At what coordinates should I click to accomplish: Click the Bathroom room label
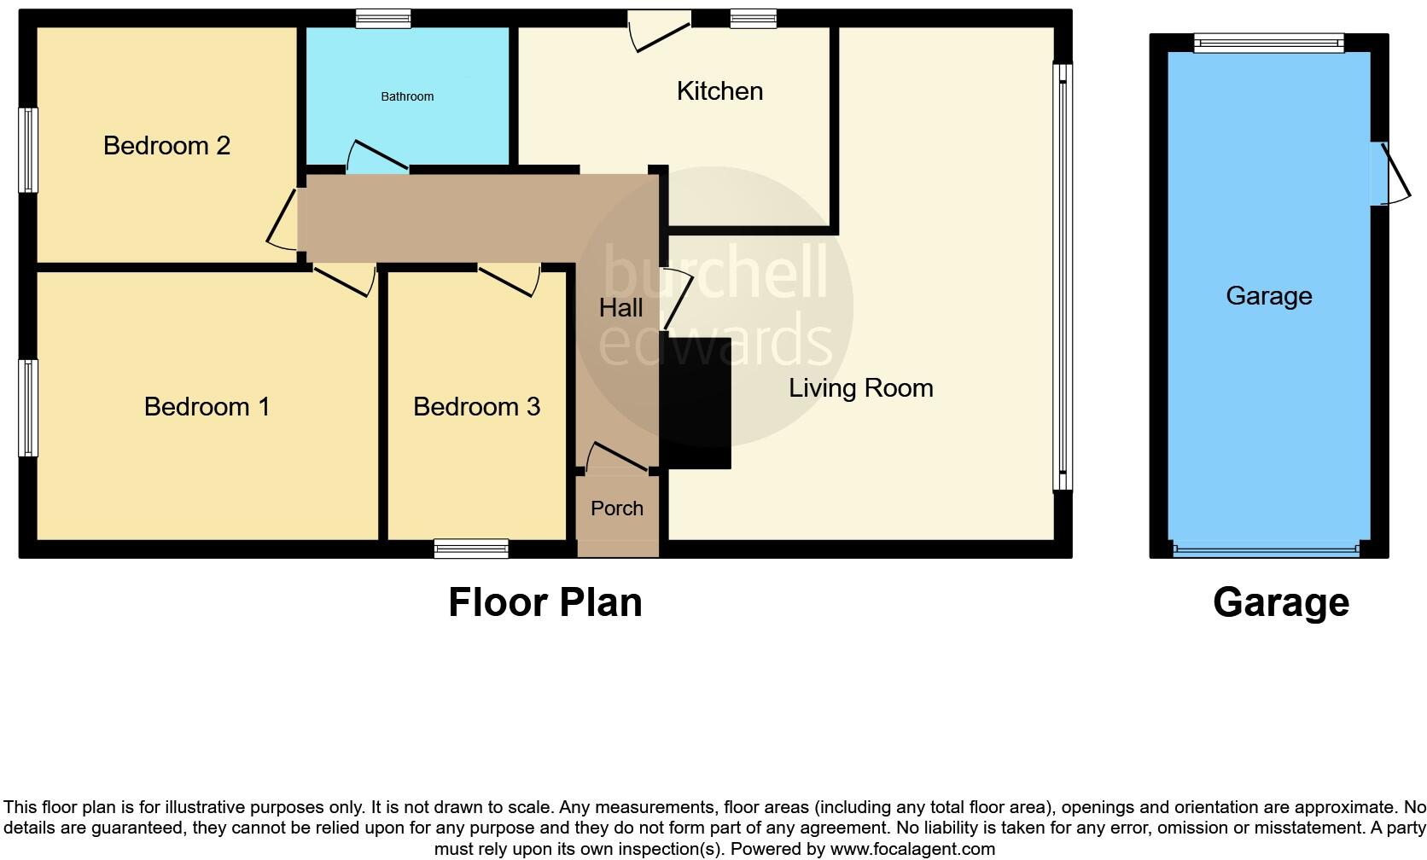(407, 96)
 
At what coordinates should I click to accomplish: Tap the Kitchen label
(719, 91)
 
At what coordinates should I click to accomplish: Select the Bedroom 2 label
(166, 146)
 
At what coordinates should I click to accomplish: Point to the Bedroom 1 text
(207, 407)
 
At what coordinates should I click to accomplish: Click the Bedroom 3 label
(476, 407)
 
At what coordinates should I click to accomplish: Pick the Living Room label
(860, 388)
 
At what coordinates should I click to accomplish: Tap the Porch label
(616, 508)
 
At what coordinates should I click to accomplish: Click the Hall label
(620, 308)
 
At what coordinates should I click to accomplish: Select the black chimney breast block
(696, 403)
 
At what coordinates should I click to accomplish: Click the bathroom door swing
(376, 155)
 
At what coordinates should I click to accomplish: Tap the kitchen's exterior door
(659, 32)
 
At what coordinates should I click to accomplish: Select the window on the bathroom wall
(383, 19)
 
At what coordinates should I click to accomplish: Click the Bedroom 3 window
(471, 549)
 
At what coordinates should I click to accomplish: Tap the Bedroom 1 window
(29, 408)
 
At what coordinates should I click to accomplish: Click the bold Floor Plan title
(545, 602)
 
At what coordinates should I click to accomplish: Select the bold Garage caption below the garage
(1280, 602)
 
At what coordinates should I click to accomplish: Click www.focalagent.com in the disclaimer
(912, 849)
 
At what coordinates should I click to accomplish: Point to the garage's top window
(1268, 43)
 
